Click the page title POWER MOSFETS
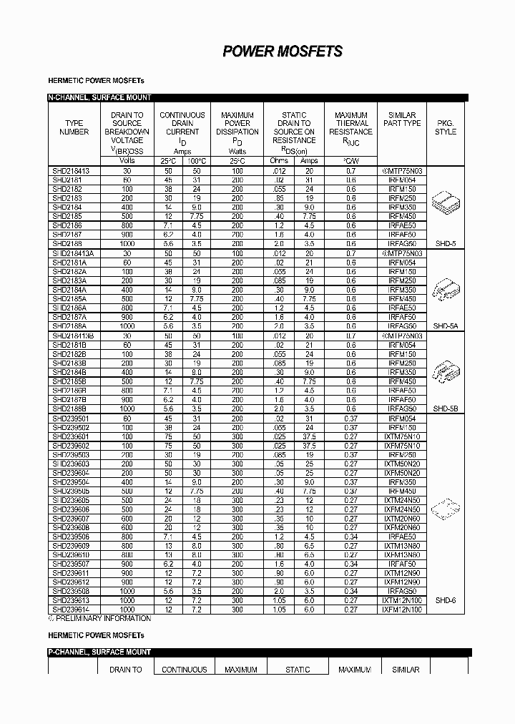click(283, 52)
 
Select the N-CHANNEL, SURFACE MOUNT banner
click(99, 97)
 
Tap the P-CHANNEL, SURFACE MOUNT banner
click(99, 652)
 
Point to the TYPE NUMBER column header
click(74, 127)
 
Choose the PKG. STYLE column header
click(445, 127)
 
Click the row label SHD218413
click(71, 171)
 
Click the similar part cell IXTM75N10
click(402, 436)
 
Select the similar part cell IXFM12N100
click(402, 610)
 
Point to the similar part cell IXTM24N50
click(402, 500)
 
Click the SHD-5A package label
click(444, 326)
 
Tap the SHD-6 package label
click(444, 600)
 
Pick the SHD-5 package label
click(444, 244)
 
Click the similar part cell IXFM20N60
click(402, 527)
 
